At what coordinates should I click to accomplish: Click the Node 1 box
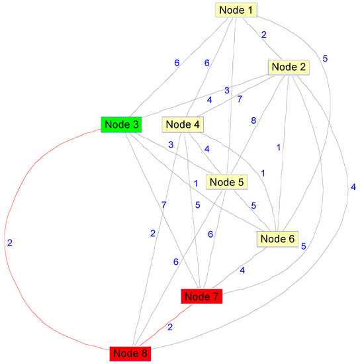click(236, 9)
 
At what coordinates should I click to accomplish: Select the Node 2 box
click(288, 67)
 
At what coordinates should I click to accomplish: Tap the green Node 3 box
click(120, 124)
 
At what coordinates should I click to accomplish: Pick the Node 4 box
click(183, 124)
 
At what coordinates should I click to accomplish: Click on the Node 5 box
click(226, 181)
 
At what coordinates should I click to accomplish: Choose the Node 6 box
click(278, 238)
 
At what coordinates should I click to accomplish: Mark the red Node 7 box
click(201, 296)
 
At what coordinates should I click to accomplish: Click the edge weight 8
click(252, 121)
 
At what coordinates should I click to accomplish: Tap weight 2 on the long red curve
click(9, 243)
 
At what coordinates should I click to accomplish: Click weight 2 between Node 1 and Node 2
click(263, 35)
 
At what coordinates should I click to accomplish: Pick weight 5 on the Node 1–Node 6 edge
click(325, 58)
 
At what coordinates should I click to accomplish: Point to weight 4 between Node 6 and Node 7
click(243, 270)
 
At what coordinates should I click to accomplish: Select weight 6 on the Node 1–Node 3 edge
click(177, 63)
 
